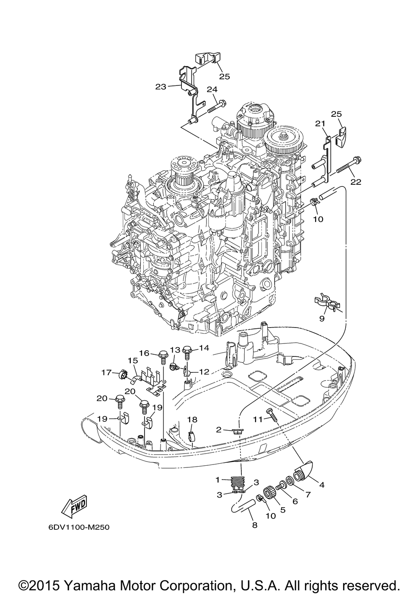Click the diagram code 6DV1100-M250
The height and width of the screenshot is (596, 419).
coord(79,527)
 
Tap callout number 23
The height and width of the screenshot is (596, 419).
coord(160,87)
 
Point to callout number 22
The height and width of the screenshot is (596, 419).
coord(356,182)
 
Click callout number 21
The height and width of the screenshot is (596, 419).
coord(320,124)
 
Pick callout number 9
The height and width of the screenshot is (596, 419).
coord(322,318)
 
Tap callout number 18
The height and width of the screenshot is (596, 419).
coord(192,420)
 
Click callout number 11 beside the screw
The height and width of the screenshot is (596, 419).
coord(257,419)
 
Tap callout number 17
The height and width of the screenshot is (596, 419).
coord(106,372)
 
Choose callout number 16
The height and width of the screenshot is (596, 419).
coord(144,353)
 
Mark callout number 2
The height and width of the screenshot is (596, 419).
coord(219,429)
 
